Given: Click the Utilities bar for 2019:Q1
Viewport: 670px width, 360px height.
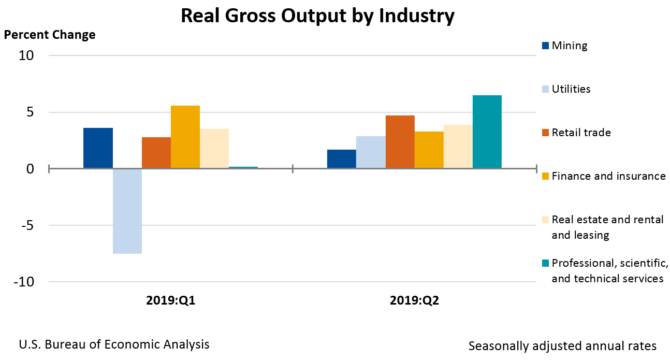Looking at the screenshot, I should click(x=127, y=211).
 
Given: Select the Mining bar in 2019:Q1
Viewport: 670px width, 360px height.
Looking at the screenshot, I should click(x=98, y=148).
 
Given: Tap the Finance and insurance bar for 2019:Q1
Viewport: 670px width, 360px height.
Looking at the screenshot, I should click(x=185, y=137).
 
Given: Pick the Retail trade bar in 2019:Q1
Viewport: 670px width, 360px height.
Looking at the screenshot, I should click(x=156, y=153).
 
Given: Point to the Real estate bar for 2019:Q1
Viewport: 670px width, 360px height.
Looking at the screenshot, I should click(x=214, y=149).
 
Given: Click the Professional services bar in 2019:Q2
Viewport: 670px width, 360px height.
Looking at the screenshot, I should click(x=487, y=132).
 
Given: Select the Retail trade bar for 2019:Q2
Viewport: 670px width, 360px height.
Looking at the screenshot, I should click(x=400, y=142).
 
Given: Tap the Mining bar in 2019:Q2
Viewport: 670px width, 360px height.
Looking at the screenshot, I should click(x=342, y=159).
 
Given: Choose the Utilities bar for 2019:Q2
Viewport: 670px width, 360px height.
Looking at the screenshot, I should click(x=371, y=152).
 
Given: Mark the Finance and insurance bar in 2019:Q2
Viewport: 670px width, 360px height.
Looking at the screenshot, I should click(x=429, y=150).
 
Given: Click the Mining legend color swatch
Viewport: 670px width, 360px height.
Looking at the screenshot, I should click(x=545, y=46).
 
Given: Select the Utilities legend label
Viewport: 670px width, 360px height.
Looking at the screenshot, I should click(x=571, y=89).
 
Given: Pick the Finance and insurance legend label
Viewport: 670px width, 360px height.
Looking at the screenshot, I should click(x=608, y=176).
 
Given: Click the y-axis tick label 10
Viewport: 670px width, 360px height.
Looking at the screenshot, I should click(x=26, y=55).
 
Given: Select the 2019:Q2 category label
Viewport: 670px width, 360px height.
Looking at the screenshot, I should click(x=414, y=301).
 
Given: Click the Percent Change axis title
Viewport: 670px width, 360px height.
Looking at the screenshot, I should click(x=50, y=35).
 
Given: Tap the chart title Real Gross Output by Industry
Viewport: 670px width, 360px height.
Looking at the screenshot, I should click(x=317, y=16).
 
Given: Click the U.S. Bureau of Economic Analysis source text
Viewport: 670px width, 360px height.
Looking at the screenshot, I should click(x=114, y=344).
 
